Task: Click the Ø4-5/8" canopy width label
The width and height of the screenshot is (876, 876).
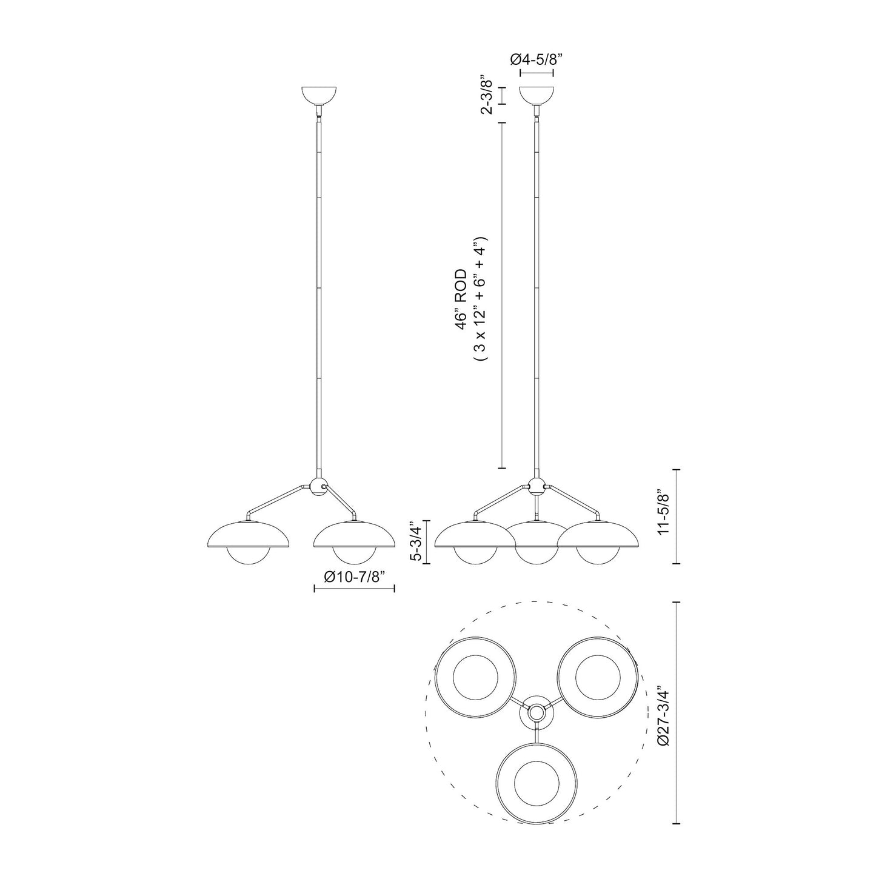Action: click(537, 59)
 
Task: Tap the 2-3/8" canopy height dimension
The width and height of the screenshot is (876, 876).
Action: click(486, 96)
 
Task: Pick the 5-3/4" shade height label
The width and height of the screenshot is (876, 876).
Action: click(417, 541)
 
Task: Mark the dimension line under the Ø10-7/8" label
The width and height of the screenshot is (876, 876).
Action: click(355, 588)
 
